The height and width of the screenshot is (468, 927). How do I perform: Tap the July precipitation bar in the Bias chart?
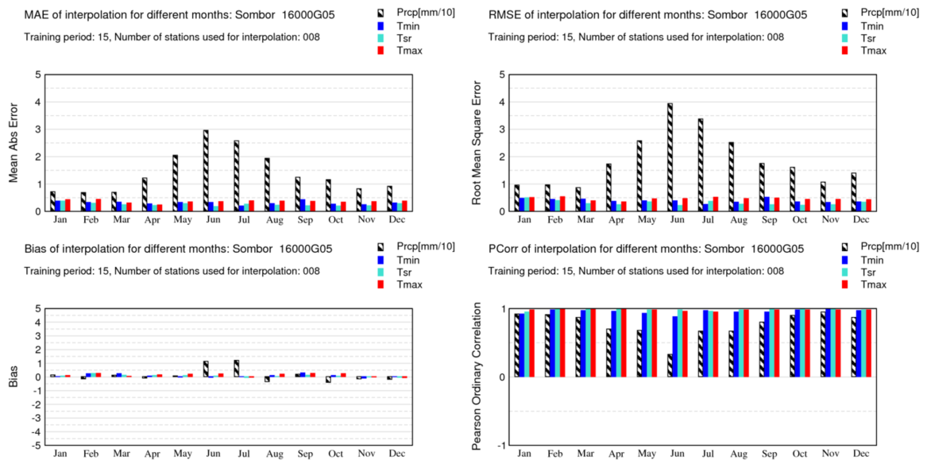click(x=236, y=369)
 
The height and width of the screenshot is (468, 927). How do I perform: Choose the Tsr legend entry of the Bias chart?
click(x=405, y=273)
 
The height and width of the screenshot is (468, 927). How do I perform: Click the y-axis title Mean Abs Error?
click(x=14, y=143)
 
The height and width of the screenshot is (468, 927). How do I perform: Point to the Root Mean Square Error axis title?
click(x=477, y=143)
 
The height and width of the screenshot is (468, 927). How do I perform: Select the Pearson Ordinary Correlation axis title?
click(x=477, y=377)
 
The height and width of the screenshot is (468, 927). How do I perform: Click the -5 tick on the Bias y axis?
click(x=36, y=446)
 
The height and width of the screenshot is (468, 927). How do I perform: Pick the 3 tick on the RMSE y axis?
click(x=501, y=130)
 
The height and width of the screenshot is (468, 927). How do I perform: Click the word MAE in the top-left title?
click(x=37, y=15)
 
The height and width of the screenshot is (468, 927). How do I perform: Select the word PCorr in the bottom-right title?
click(x=505, y=249)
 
